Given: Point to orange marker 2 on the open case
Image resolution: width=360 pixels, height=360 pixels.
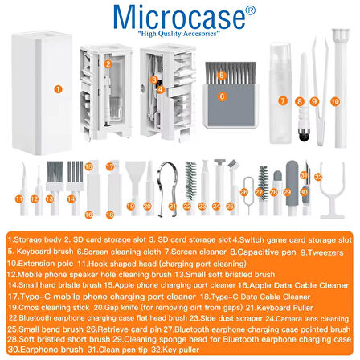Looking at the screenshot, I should point(108,62).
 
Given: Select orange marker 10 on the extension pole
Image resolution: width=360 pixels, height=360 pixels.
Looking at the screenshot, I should point(335,101).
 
